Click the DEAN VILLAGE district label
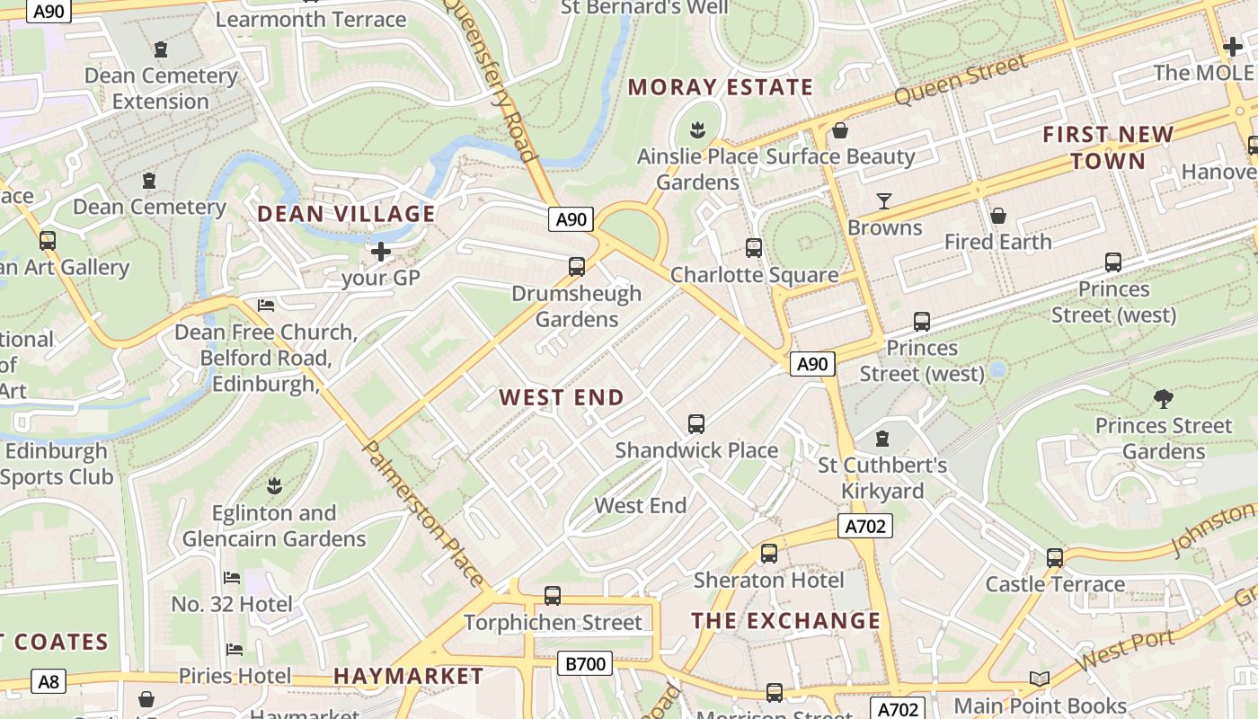[346, 214]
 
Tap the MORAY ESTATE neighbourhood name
[720, 87]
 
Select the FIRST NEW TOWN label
[1108, 147]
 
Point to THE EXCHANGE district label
[785, 621]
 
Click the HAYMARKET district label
[408, 676]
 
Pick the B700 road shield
[585, 664]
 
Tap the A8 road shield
[49, 681]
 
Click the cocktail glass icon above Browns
[884, 200]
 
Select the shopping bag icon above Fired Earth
[997, 216]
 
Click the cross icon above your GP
[381, 252]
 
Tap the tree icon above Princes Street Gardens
[1163, 398]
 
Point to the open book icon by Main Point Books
[1040, 679]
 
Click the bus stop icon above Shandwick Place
[695, 424]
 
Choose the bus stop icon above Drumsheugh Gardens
[577, 267]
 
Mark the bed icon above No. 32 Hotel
[232, 578]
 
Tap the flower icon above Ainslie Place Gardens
[696, 129]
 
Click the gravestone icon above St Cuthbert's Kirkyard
[882, 439]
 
